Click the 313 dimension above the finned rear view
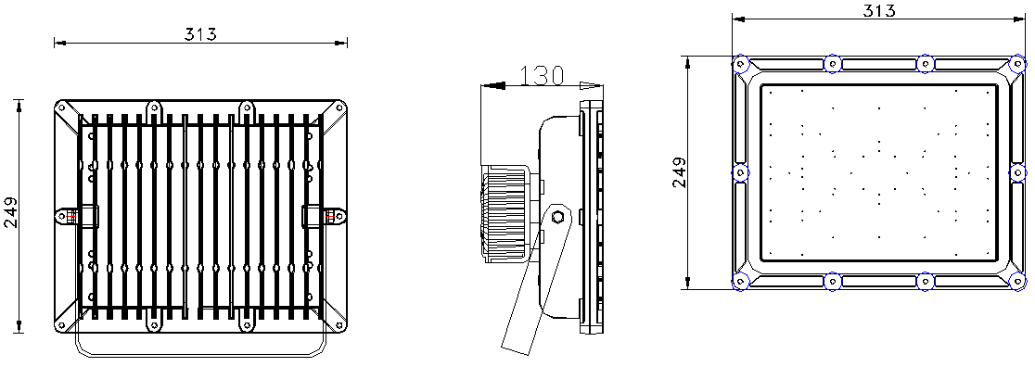(x=200, y=33)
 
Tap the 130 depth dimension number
(x=542, y=76)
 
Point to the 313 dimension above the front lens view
(x=879, y=10)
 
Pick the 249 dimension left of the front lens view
(x=681, y=171)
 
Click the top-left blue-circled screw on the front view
(x=741, y=64)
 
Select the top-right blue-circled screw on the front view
(x=1017, y=64)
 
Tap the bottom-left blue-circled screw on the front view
(x=741, y=281)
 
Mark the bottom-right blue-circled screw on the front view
(x=1017, y=281)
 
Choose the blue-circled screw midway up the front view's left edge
(x=741, y=172)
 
